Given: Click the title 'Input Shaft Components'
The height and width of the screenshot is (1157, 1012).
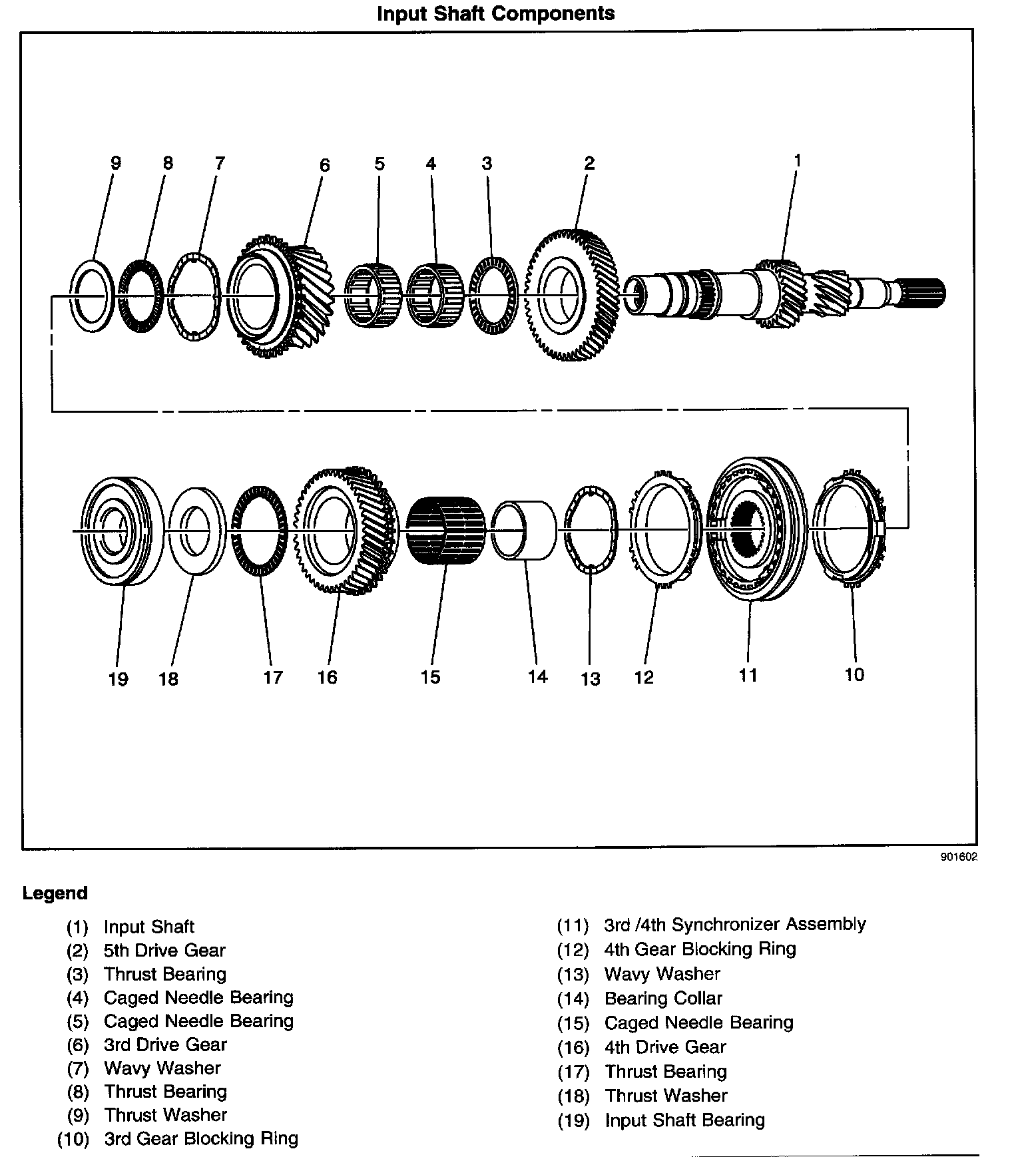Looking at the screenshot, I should coord(495,13).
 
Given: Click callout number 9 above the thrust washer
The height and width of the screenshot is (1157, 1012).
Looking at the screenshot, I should coord(115,163).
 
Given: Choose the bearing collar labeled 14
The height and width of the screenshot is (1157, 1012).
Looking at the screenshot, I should coord(525,531).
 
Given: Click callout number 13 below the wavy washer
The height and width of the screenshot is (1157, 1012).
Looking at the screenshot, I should coord(590,679).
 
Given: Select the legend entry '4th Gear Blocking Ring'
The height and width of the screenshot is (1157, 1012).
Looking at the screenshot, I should coord(700,949).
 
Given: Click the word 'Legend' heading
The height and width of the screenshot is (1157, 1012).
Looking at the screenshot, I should coord(55,893).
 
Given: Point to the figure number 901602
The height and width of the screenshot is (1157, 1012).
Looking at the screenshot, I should coord(959,858).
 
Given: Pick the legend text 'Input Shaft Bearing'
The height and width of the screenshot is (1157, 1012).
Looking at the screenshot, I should coord(684,1120).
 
